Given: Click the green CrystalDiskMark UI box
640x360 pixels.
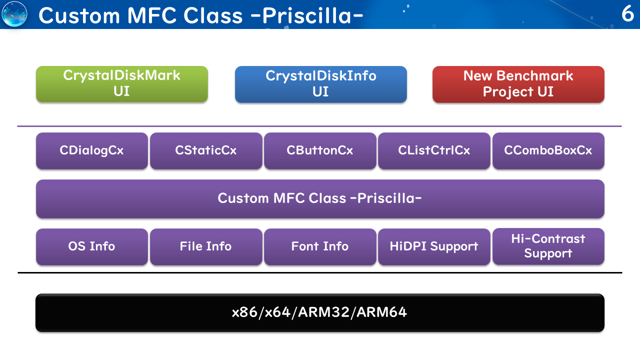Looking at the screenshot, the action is click(x=122, y=84).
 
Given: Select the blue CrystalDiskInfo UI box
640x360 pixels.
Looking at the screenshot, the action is click(x=321, y=84).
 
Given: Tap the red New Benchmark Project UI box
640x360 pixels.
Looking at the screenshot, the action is click(x=518, y=84).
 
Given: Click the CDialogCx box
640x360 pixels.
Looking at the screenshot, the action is click(x=92, y=151).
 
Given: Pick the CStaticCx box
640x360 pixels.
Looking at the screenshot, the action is click(x=206, y=151).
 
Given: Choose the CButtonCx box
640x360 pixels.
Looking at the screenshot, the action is click(x=320, y=151).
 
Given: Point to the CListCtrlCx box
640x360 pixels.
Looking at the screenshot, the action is click(x=434, y=151).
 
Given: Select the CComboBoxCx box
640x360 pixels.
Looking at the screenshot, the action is click(x=548, y=151).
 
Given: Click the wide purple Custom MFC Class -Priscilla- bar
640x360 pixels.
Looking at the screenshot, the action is click(x=320, y=199).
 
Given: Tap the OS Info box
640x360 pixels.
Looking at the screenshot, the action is click(x=92, y=247).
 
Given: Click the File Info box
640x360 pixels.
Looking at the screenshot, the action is click(x=206, y=247).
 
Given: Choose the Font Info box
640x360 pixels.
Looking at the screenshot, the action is click(x=320, y=247).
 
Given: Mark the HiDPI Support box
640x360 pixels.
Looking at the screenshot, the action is click(x=434, y=247).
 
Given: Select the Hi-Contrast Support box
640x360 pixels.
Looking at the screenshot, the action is click(x=548, y=246).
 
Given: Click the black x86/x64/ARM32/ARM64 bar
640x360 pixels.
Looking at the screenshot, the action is click(x=320, y=313).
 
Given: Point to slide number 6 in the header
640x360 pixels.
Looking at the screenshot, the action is click(x=627, y=13).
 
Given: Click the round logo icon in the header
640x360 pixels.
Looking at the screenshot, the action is click(x=14, y=14).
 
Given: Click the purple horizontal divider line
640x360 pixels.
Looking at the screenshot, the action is click(x=319, y=126).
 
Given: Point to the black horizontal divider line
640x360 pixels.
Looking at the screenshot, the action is click(x=320, y=273).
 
